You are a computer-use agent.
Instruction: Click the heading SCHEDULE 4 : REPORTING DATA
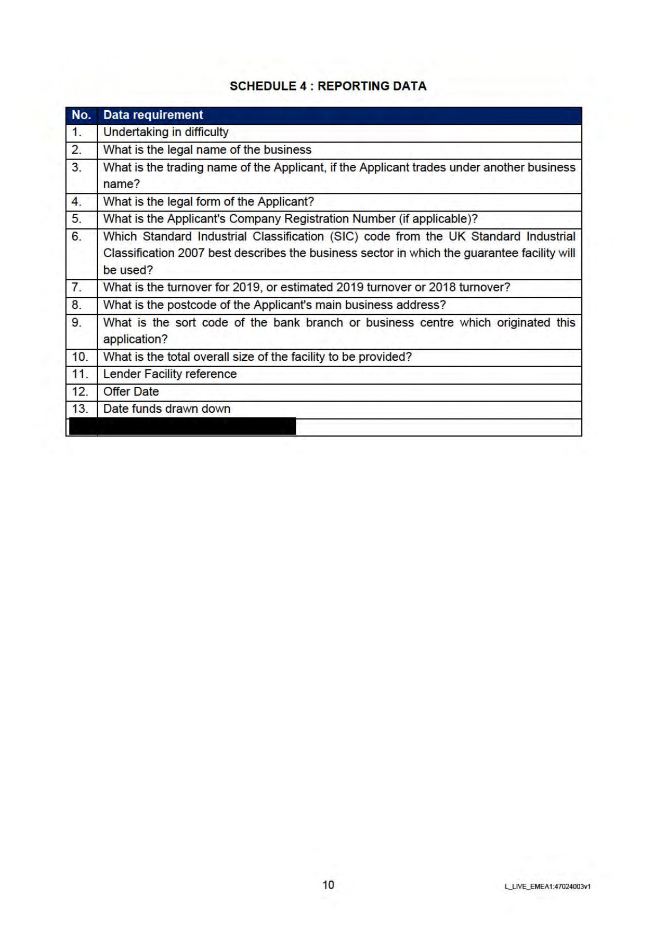pyautogui.click(x=328, y=86)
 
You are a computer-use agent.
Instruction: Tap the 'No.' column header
pyautogui.click(x=81, y=115)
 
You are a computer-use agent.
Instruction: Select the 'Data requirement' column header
pyautogui.click(x=153, y=115)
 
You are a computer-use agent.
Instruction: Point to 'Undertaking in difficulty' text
pyautogui.click(x=166, y=132)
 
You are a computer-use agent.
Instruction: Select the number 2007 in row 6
pyautogui.click(x=191, y=253)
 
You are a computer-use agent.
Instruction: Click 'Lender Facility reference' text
pyautogui.click(x=170, y=374)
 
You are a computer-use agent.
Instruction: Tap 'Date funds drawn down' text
pyautogui.click(x=167, y=409)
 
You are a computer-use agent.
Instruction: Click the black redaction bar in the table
pyautogui.click(x=183, y=427)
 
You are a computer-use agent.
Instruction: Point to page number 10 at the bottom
pyautogui.click(x=328, y=884)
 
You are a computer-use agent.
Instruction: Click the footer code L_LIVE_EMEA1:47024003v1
pyautogui.click(x=547, y=886)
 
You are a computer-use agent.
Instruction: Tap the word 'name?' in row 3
pyautogui.click(x=121, y=184)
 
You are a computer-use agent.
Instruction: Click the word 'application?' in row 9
pyautogui.click(x=135, y=340)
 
